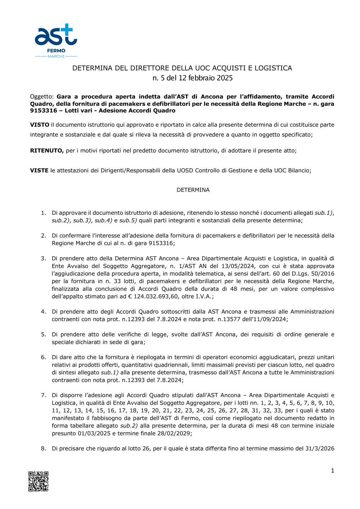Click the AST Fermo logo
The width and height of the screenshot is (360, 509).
56,41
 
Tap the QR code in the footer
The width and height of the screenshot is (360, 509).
39,481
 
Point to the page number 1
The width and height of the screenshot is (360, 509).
332,471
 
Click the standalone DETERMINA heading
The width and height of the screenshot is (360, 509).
193,190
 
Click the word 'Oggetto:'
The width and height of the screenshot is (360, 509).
42,97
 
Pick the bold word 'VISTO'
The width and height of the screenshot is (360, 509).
40,125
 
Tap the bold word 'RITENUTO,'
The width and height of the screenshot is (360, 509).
47,151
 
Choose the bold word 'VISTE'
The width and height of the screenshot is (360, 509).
39,171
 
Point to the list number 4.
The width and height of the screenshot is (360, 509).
43,312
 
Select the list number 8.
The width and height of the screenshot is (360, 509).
43,449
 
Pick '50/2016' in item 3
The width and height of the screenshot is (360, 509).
323,274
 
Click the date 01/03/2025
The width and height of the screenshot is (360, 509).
94,433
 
